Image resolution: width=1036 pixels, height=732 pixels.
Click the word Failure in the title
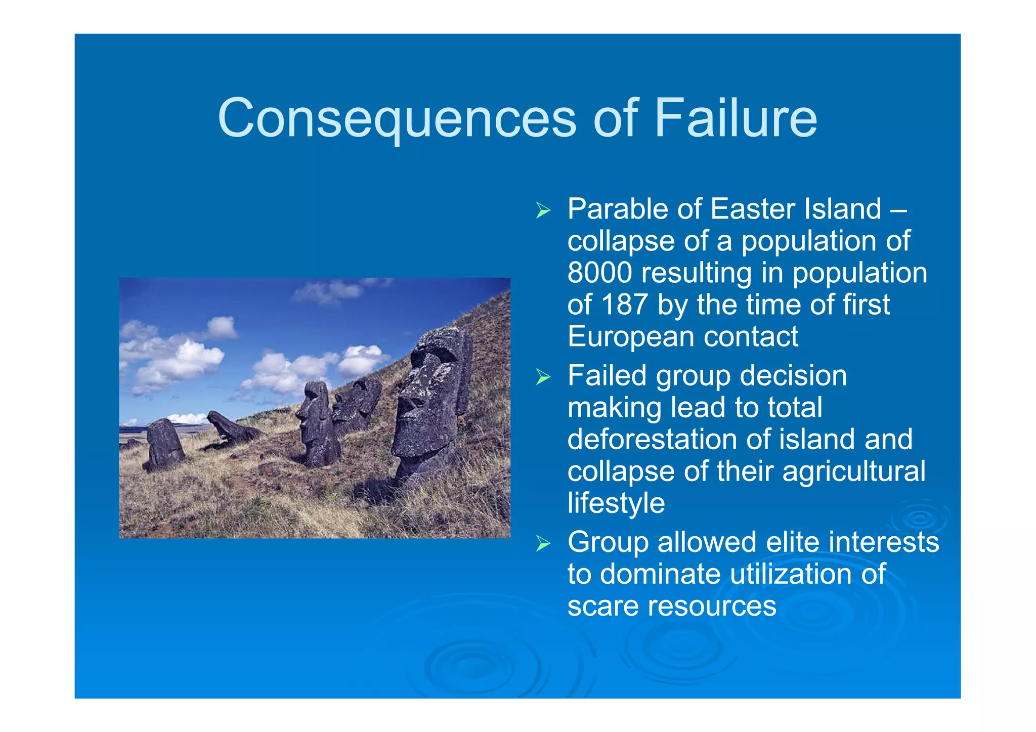[x=736, y=118]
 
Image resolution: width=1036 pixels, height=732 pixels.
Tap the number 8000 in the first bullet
[x=599, y=273]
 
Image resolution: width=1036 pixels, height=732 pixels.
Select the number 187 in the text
[x=624, y=305]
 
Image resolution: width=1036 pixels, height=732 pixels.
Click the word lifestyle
[x=616, y=503]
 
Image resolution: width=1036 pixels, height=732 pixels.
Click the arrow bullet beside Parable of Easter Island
[x=543, y=210]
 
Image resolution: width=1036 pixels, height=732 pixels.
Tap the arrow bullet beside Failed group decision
[x=543, y=377]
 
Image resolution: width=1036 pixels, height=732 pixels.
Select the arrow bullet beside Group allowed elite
[x=543, y=544]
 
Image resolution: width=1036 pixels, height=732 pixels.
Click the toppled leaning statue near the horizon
[x=230, y=427]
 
